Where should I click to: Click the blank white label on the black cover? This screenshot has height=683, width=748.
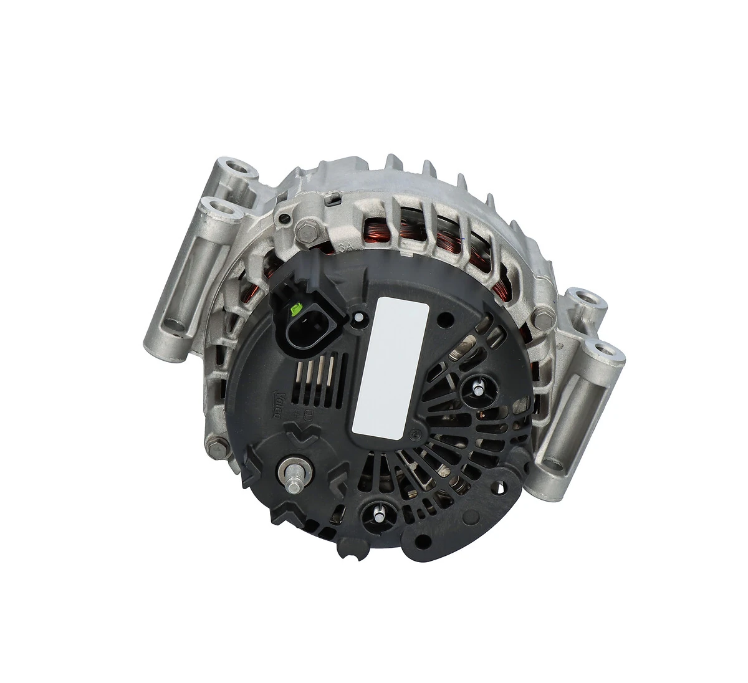390,366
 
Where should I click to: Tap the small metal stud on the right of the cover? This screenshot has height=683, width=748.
477,388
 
